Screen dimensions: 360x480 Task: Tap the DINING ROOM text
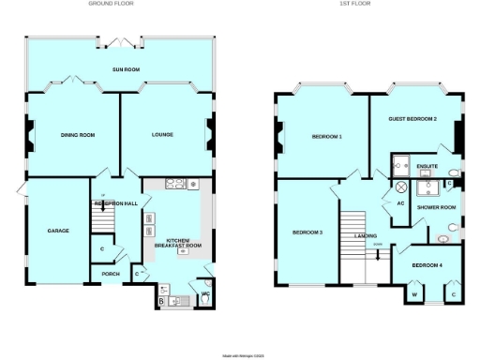(78, 135)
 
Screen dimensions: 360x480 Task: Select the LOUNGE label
(163, 135)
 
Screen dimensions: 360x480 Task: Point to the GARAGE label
(59, 230)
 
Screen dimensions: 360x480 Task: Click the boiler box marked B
(161, 302)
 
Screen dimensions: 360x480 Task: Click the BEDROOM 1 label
(326, 138)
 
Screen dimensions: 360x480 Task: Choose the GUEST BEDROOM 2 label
(413, 119)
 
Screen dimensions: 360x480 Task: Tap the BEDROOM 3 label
(307, 232)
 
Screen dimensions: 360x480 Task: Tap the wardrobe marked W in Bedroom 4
(413, 294)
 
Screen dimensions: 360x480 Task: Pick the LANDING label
(367, 236)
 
